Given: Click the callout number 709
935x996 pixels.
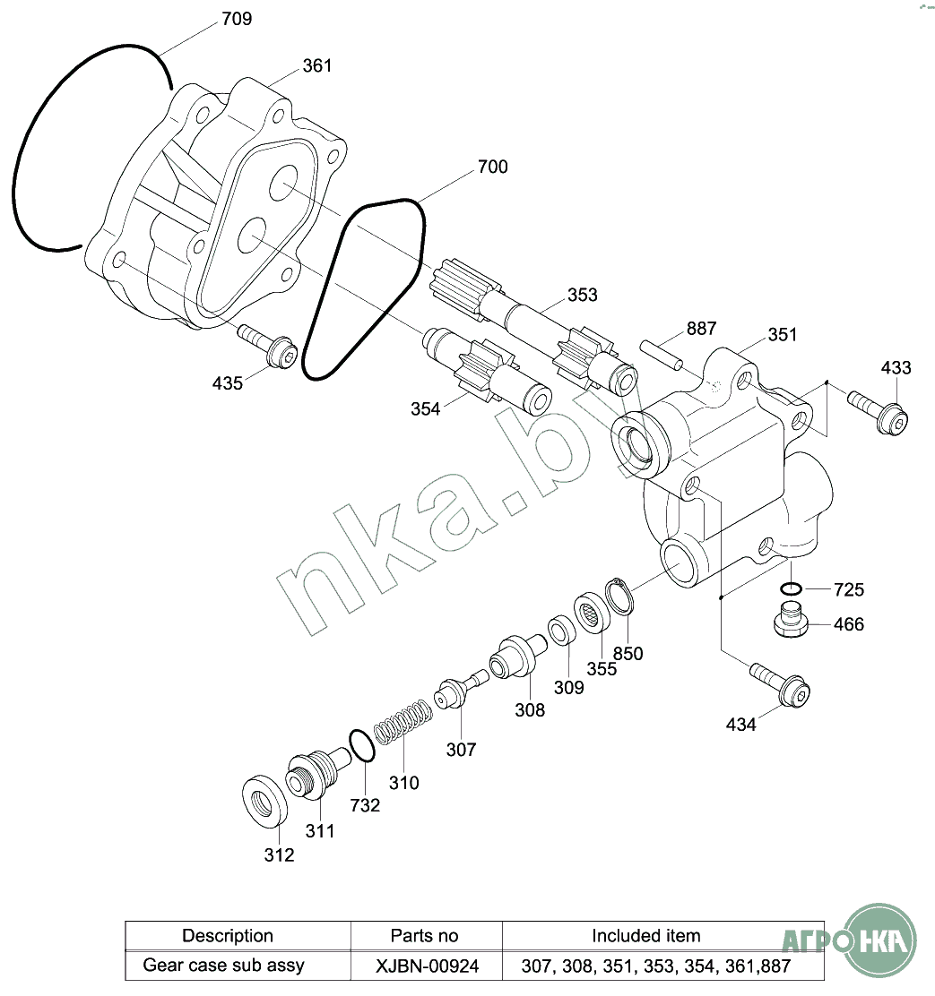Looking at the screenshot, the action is (x=237, y=18).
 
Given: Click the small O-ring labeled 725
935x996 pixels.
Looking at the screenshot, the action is (x=790, y=588).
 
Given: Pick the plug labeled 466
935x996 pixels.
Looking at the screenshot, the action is (x=790, y=619).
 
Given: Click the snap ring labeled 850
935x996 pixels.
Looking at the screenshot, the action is (x=619, y=596).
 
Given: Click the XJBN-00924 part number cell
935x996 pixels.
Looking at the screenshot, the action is (x=425, y=966).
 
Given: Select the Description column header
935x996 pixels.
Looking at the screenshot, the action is (x=228, y=936).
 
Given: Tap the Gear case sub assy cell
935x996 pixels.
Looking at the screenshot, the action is (x=224, y=966).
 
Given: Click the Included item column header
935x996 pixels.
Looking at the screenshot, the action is (x=645, y=936).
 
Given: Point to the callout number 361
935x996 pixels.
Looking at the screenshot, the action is (x=316, y=65).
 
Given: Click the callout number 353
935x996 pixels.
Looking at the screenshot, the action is (x=582, y=295).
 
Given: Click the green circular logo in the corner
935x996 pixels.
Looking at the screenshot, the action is (x=883, y=940).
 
